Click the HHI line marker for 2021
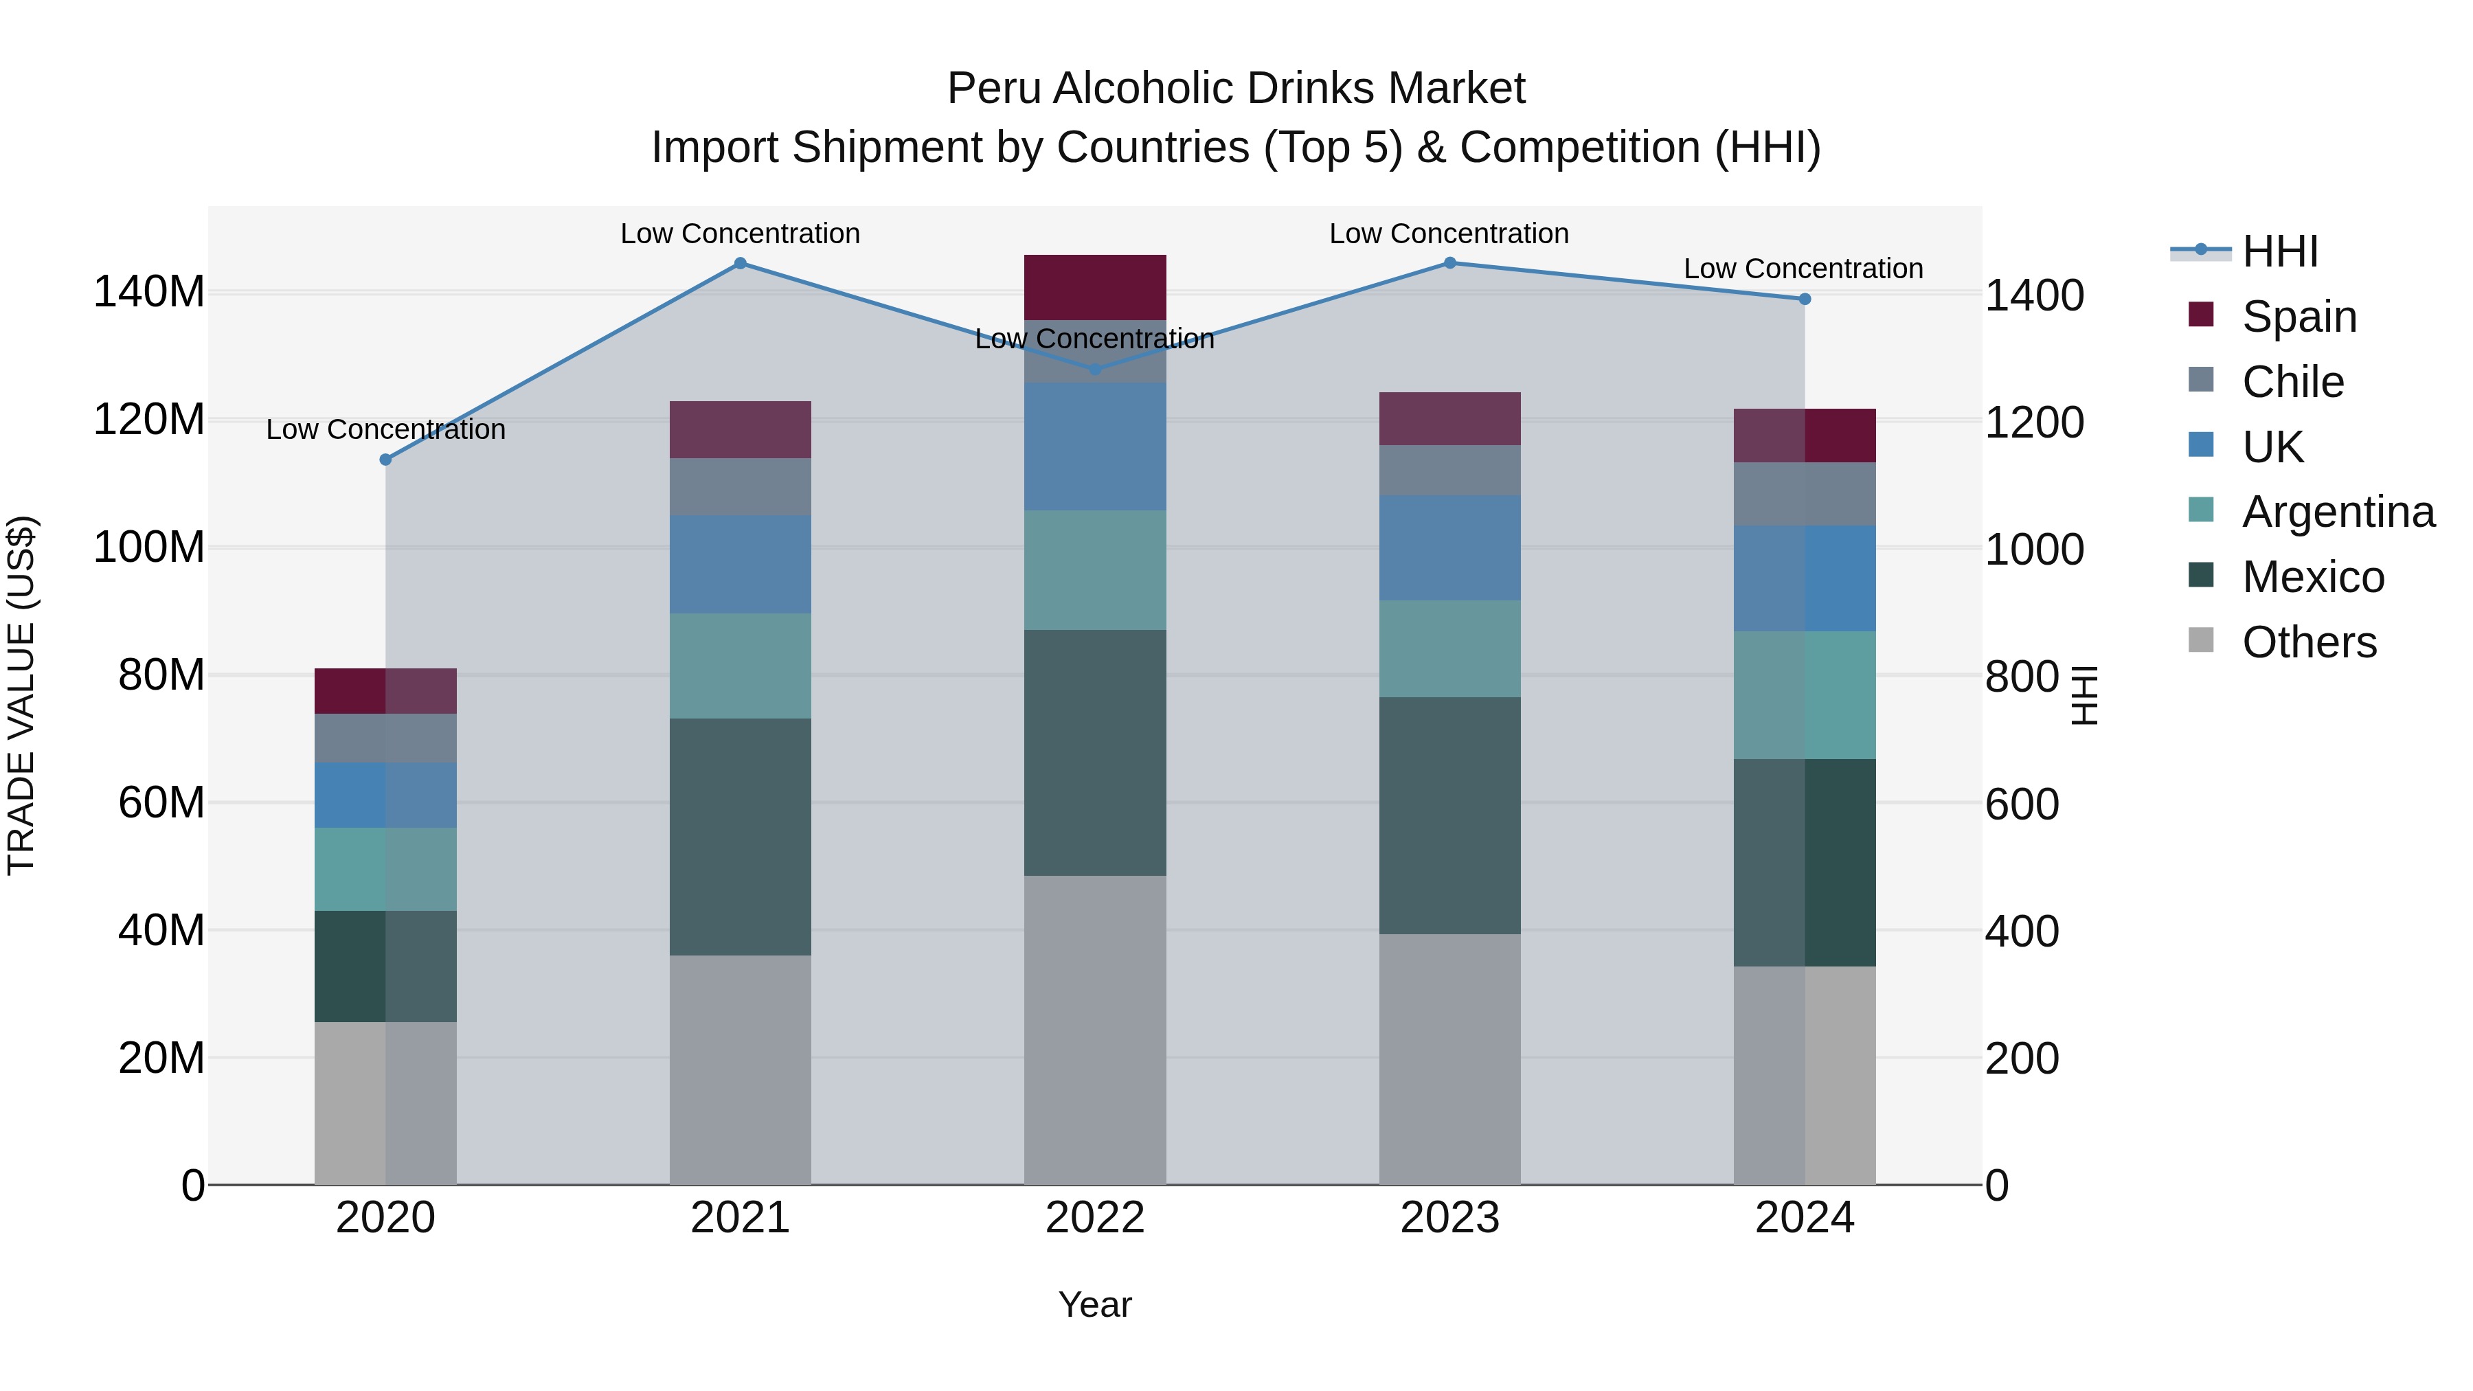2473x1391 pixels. (x=740, y=263)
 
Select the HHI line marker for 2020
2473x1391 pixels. (x=386, y=460)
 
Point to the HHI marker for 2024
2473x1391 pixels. (x=1804, y=299)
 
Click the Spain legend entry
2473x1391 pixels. (x=2299, y=316)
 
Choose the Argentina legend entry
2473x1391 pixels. (x=2337, y=512)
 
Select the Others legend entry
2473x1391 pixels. (x=2308, y=642)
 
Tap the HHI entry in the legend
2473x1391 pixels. (x=2279, y=251)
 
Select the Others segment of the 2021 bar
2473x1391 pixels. (x=740, y=1070)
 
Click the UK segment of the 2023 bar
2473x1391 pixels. (x=1449, y=548)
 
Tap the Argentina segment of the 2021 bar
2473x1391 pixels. (x=740, y=666)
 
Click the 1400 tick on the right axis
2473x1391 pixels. (x=2033, y=295)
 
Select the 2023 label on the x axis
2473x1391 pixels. (x=1449, y=1218)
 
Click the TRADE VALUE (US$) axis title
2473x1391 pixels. (x=21, y=695)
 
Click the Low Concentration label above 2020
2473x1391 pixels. (x=386, y=429)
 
